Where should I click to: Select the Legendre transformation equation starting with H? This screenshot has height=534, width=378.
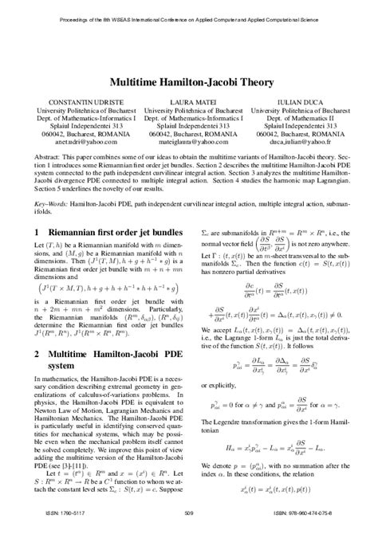pos(285,450)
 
